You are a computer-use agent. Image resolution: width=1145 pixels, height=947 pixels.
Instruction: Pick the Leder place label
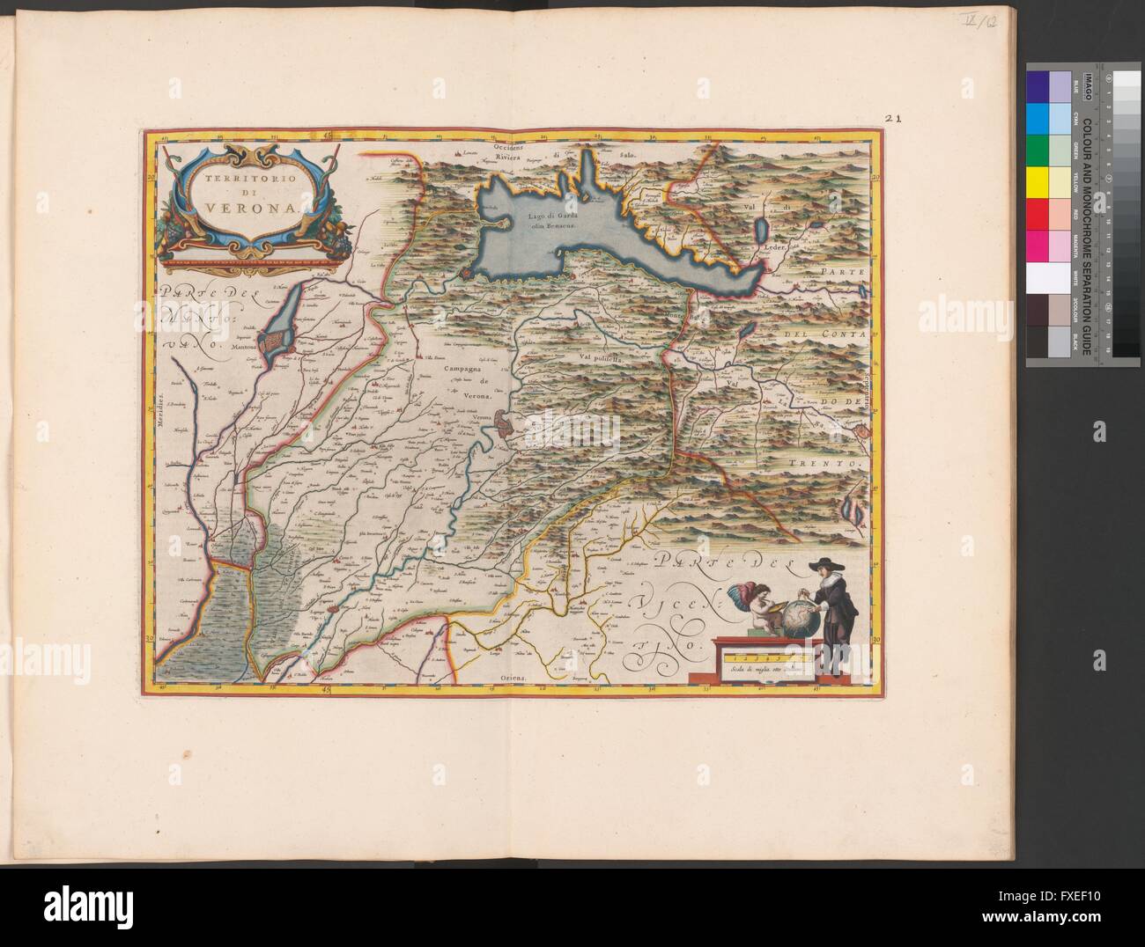[773, 248]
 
